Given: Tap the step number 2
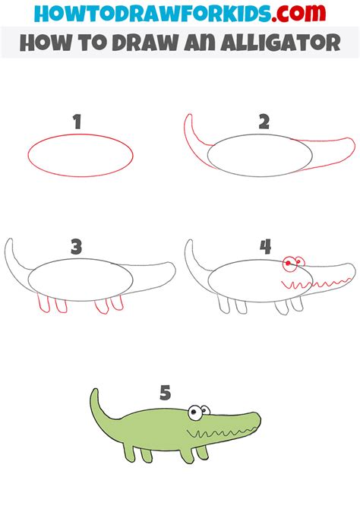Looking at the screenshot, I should pos(264,122).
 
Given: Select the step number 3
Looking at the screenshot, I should pos(77,247).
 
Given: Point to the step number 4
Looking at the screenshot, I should pos(264,247).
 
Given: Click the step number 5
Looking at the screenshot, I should pos(166,393).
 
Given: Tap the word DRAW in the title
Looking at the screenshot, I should pos(140,42).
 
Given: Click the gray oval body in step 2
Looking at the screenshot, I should pos(258,159).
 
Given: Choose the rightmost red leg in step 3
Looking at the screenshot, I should pos(118,304).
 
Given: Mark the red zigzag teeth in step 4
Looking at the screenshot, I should pos(311,286).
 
